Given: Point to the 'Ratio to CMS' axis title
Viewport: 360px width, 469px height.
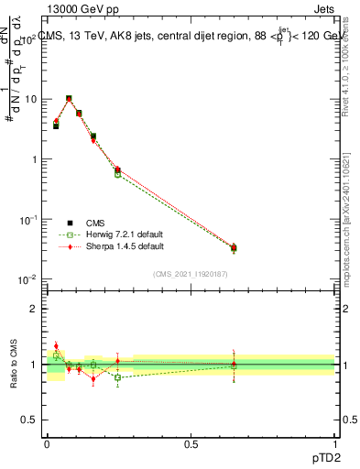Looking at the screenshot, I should point(12,365).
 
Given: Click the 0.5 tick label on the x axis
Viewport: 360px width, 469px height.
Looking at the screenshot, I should point(191,442).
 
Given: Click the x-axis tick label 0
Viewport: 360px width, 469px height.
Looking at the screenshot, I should point(46,442).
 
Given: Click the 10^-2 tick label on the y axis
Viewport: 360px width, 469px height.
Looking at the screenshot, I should point(27,278).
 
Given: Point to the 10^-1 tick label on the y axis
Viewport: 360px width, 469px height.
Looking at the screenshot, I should point(27,219).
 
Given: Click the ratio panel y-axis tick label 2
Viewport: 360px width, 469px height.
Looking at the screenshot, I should point(35,309).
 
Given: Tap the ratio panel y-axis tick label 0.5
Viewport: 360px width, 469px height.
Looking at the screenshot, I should point(30,420).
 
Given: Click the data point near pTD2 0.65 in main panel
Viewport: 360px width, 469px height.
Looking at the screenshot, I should point(234,247).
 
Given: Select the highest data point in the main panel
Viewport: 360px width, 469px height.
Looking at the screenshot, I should point(69,98).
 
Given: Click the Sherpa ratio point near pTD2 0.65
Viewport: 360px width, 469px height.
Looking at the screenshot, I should point(234,364).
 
